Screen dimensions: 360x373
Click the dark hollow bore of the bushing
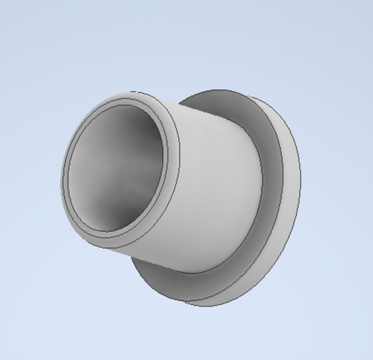(x=117, y=168)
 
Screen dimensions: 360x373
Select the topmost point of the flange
(x=219, y=89)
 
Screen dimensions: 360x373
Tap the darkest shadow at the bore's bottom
(x=117, y=214)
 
